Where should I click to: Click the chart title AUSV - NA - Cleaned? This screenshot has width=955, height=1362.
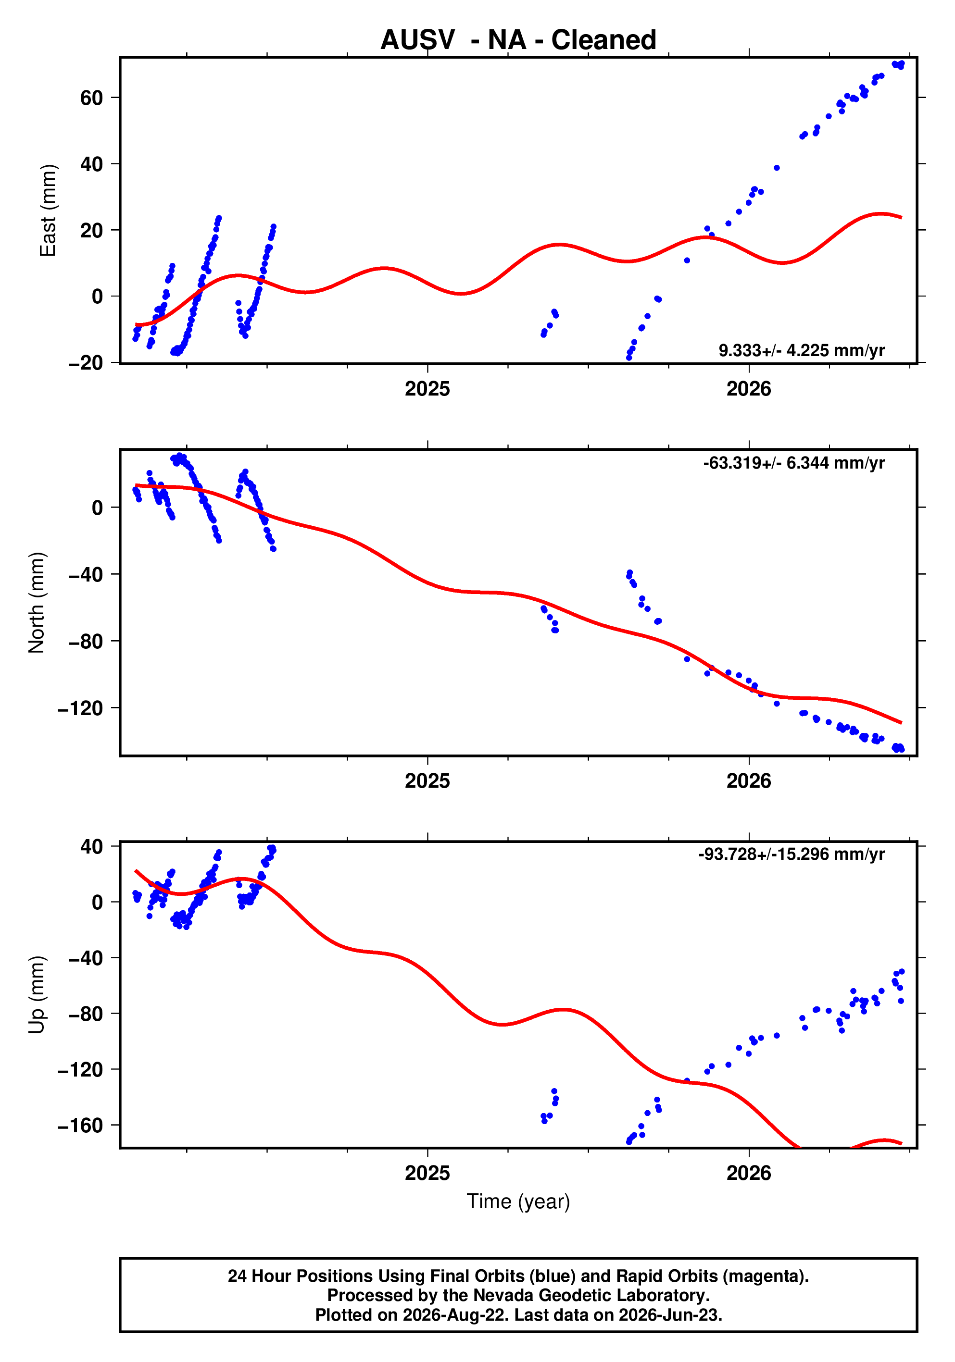pos(518,40)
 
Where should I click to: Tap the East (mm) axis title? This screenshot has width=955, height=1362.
pos(48,210)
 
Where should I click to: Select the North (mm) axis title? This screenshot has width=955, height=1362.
pos(37,603)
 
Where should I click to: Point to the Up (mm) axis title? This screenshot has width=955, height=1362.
pos(37,995)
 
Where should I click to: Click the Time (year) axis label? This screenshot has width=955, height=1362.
pos(518,1201)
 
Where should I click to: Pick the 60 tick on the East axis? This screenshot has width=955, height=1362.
pos(91,98)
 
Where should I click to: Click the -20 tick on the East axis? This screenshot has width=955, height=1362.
pos(86,362)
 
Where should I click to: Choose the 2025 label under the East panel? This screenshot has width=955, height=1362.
pos(427,389)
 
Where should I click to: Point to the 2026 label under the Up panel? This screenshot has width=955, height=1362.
pos(749,1173)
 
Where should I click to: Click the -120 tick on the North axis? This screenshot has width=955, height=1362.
pos(80,708)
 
